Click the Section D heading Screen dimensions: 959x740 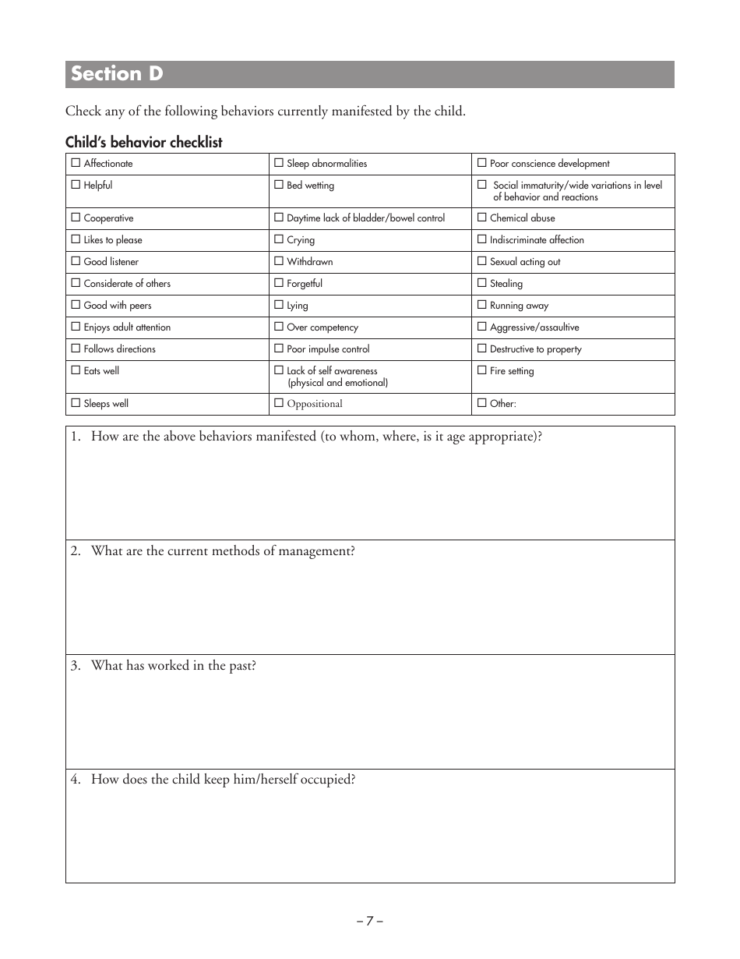(x=117, y=74)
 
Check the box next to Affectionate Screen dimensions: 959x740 (x=76, y=163)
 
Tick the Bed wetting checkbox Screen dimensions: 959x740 (x=279, y=185)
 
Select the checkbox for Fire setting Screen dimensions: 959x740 (x=482, y=370)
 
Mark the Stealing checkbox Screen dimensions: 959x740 (x=482, y=283)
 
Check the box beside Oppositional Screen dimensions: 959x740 (x=279, y=403)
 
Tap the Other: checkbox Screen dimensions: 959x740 (x=482, y=403)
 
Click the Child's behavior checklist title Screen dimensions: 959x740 (x=144, y=142)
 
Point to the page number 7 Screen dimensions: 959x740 (x=370, y=920)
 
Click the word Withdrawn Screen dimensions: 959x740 (x=309, y=262)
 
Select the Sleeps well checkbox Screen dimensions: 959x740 (x=76, y=403)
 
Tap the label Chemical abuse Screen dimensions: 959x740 (x=522, y=218)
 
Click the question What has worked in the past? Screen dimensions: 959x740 (x=173, y=666)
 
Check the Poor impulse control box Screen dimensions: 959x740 (x=279, y=349)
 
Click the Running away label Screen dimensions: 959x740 (x=519, y=306)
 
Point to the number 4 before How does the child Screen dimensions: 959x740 (x=75, y=780)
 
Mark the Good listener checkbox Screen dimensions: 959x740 (x=76, y=261)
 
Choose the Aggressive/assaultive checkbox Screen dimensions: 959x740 (x=482, y=327)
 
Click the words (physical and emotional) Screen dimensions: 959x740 (x=337, y=383)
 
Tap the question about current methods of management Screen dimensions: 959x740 (x=223, y=551)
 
